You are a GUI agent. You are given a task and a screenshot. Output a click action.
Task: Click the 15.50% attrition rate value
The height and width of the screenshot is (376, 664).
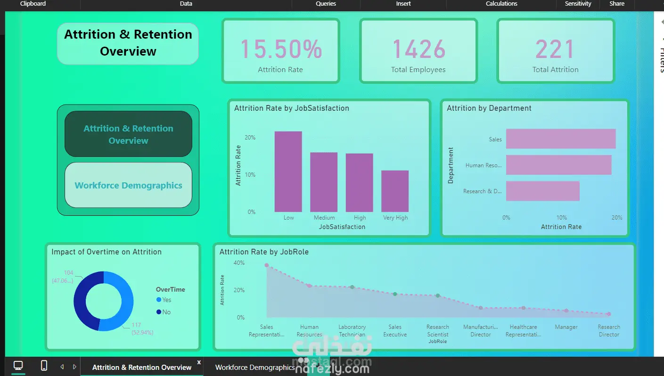click(x=281, y=49)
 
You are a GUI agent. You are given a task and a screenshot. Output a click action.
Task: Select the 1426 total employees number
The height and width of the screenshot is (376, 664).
click(x=418, y=49)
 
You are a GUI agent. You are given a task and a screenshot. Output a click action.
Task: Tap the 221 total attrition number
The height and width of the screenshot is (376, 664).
click(x=555, y=49)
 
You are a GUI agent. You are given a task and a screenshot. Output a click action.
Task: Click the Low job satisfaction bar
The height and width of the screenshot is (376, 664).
click(x=288, y=172)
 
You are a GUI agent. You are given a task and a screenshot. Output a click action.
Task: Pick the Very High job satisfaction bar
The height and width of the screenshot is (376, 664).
click(x=395, y=191)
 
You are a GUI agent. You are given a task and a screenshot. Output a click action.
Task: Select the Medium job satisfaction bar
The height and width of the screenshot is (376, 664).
click(x=324, y=182)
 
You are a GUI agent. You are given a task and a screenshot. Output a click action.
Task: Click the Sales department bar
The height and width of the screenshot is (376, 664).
click(x=561, y=139)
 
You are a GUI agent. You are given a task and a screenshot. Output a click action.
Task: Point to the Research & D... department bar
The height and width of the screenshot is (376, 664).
click(x=542, y=191)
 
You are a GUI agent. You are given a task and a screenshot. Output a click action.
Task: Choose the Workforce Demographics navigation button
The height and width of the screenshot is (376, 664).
click(x=128, y=185)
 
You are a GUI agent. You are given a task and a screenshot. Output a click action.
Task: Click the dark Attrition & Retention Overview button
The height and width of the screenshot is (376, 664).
click(x=128, y=134)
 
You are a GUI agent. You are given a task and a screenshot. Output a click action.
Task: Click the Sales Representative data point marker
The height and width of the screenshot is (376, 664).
click(x=267, y=265)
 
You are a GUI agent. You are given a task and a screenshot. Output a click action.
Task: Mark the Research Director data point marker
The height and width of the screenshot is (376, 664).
click(x=609, y=314)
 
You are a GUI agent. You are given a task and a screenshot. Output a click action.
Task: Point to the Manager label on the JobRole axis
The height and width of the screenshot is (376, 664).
click(x=566, y=327)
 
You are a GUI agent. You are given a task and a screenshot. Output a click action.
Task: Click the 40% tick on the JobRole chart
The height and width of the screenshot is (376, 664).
click(x=239, y=263)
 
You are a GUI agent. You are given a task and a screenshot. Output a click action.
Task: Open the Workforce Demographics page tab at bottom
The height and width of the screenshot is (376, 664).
click(x=255, y=368)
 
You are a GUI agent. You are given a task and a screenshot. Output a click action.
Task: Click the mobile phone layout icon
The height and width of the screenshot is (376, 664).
click(x=44, y=366)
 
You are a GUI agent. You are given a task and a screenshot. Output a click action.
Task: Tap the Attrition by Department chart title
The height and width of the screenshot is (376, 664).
click(x=489, y=108)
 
